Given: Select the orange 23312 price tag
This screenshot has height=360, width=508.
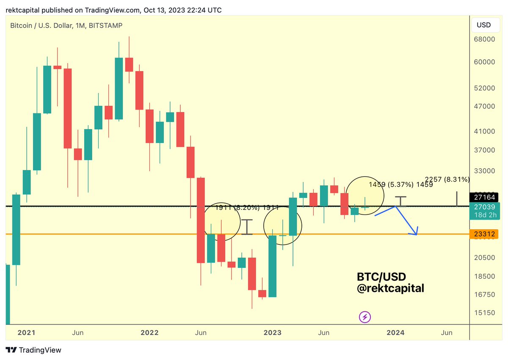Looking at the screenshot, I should pyautogui.click(x=482, y=234).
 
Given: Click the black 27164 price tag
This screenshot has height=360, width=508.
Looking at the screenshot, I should pyautogui.click(x=482, y=197).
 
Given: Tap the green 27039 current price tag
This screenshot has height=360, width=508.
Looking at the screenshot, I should pyautogui.click(x=482, y=206).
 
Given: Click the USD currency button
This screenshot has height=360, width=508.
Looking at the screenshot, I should pyautogui.click(x=483, y=25).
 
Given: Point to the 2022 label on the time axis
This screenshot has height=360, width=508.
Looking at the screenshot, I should pyautogui.click(x=150, y=333).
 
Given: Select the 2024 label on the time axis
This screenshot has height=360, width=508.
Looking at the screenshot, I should pyautogui.click(x=395, y=333).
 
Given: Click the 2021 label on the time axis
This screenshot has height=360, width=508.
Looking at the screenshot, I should pyautogui.click(x=26, y=333).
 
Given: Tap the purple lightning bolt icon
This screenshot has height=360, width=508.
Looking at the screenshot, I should pyautogui.click(x=365, y=316).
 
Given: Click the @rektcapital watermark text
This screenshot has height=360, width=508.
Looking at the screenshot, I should pyautogui.click(x=390, y=289).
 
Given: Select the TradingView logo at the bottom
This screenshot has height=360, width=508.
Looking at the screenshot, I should pyautogui.click(x=34, y=350).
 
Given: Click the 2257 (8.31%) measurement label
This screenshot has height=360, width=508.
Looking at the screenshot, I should pyautogui.click(x=447, y=179).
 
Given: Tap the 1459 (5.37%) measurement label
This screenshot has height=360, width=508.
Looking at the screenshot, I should pyautogui.click(x=400, y=184).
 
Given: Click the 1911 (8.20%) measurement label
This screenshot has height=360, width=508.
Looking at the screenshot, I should pyautogui.click(x=246, y=208).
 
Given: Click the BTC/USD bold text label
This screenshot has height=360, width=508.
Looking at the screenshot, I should pyautogui.click(x=381, y=277).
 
